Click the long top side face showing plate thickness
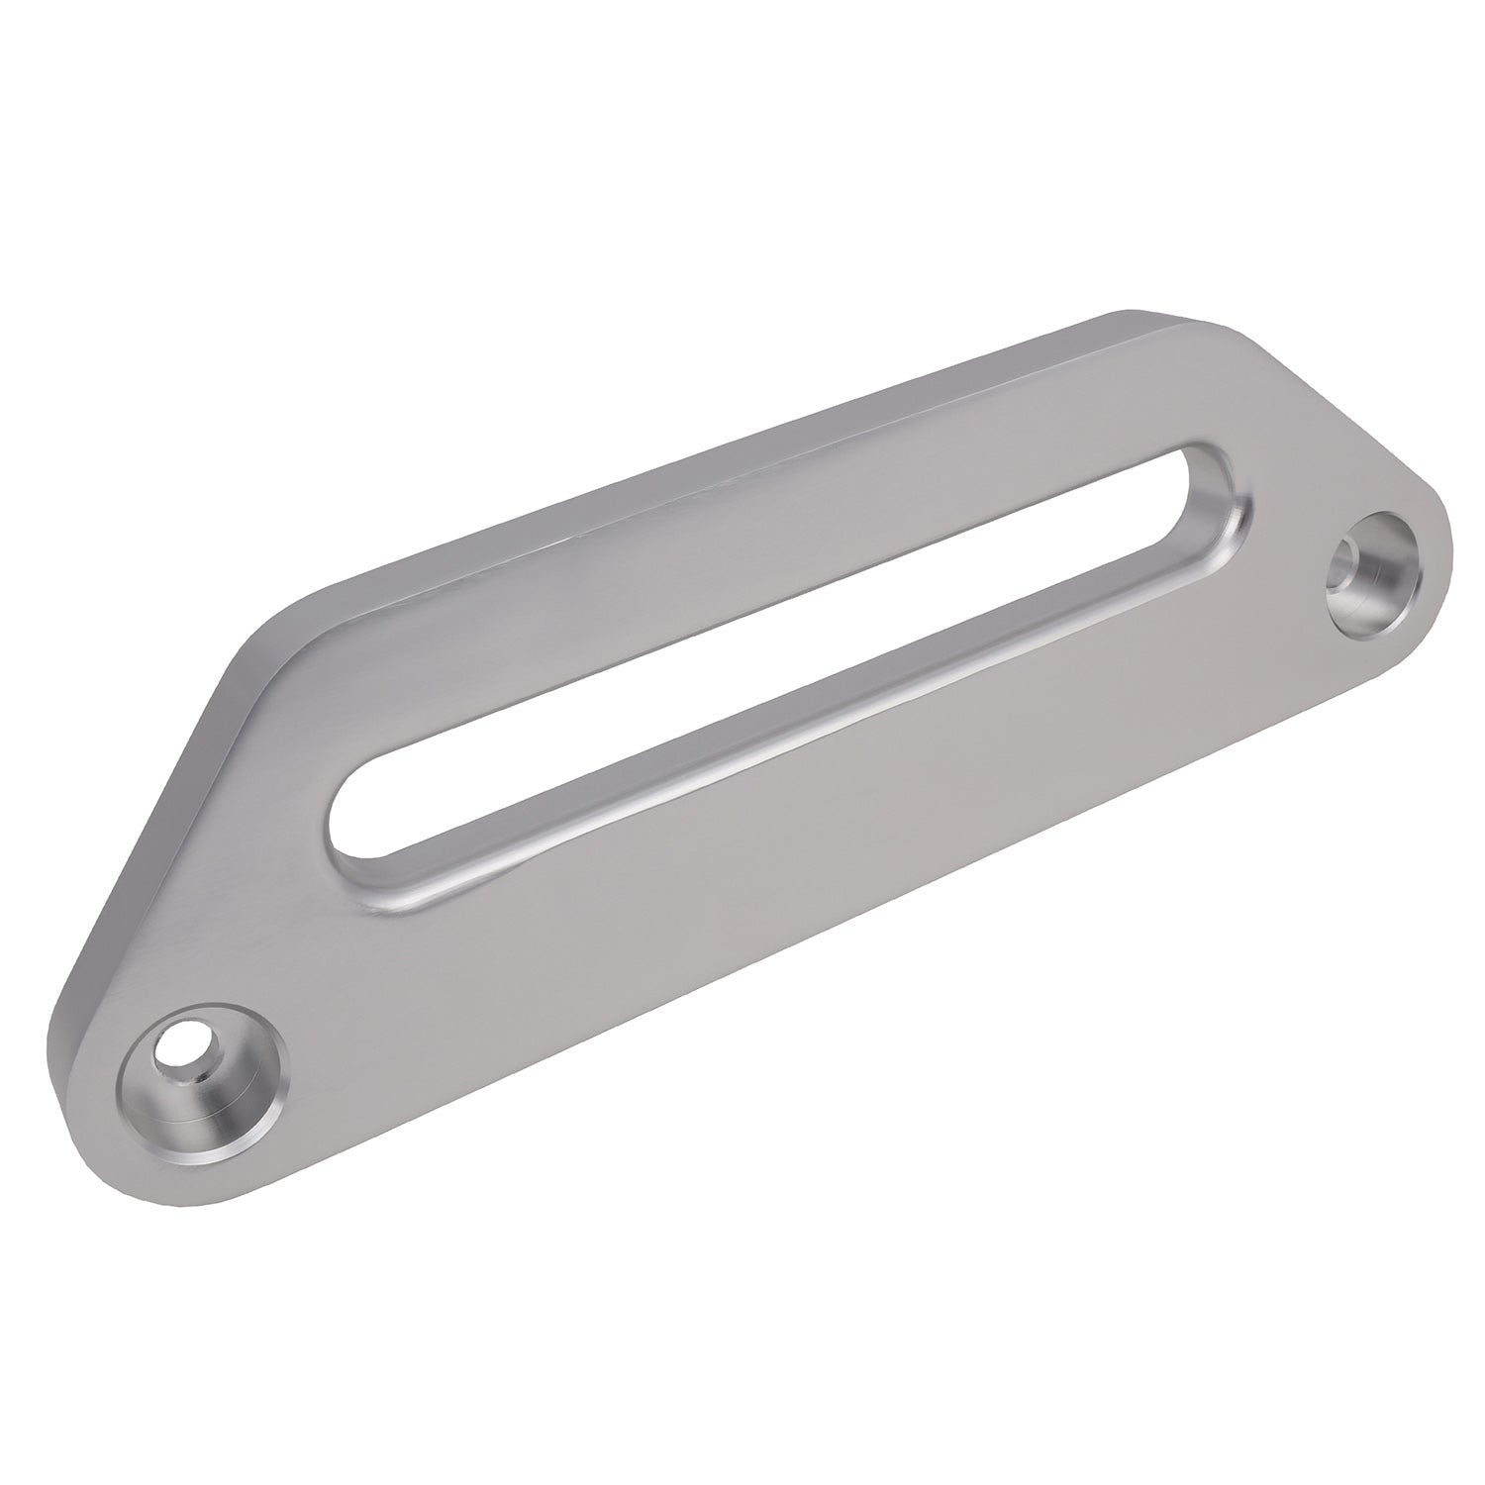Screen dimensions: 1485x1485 coord(693,455)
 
